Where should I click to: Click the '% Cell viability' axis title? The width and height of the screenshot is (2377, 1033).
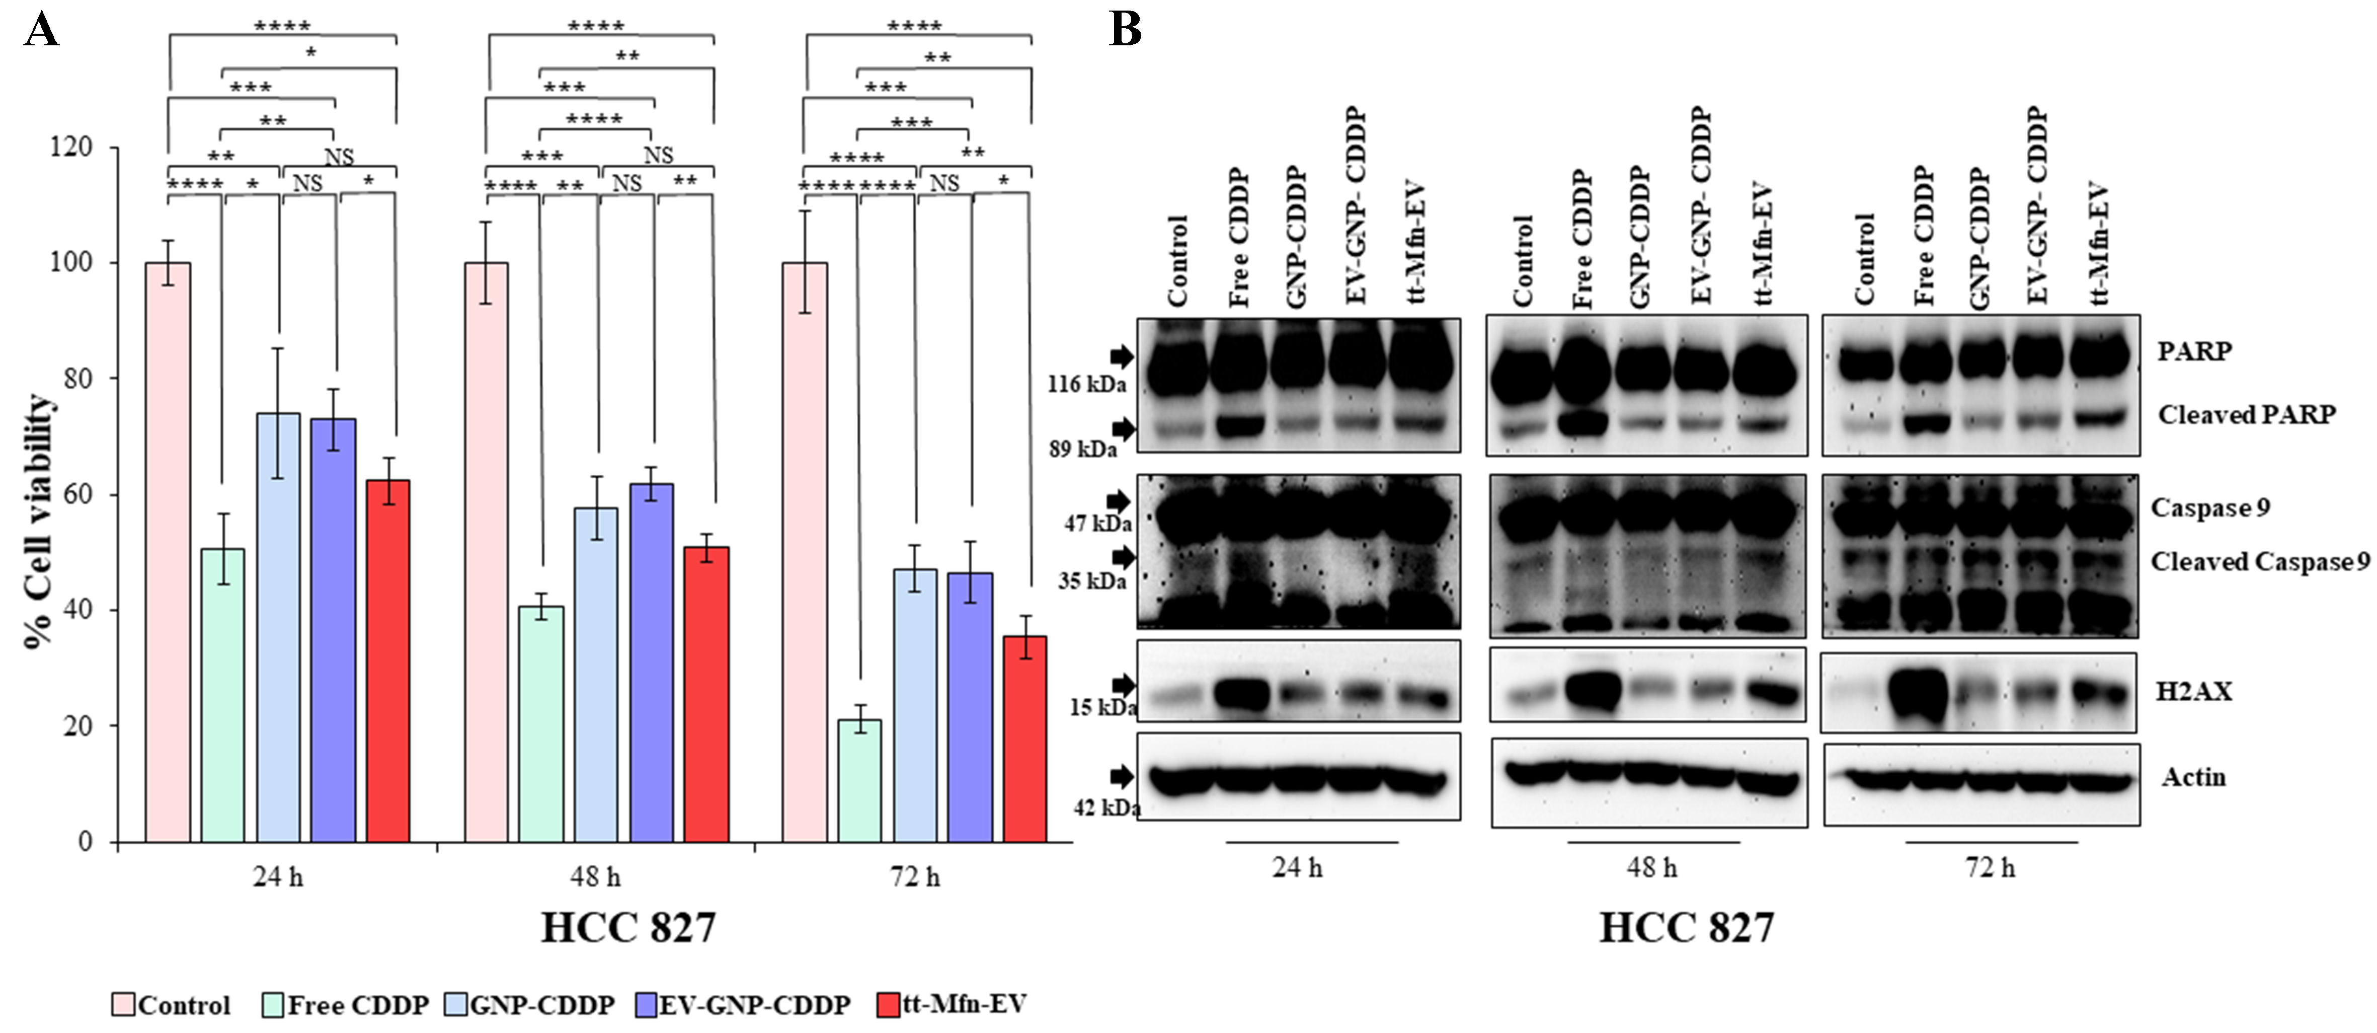click(39, 522)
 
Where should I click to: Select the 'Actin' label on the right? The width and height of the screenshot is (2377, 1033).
click(2193, 777)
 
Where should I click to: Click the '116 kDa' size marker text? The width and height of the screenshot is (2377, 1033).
click(1086, 384)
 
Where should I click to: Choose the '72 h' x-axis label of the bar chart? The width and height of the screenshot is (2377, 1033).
click(914, 877)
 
